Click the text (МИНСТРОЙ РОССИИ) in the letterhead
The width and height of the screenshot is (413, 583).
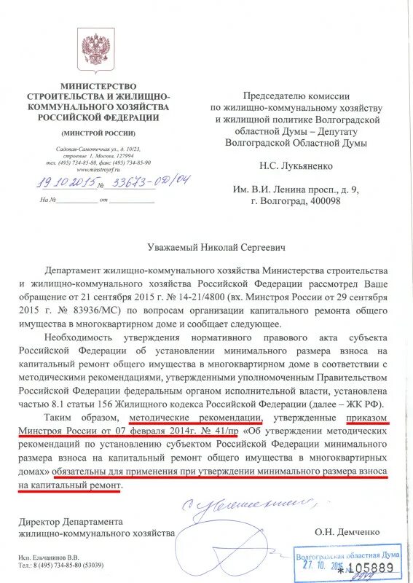(98, 133)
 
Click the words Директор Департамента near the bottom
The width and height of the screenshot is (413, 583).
(71, 521)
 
